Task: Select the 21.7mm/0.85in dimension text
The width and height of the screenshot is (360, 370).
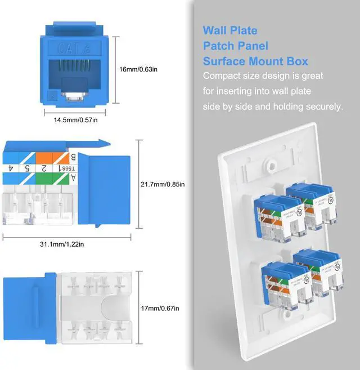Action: click(x=163, y=184)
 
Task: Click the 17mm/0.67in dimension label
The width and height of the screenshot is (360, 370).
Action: click(x=160, y=307)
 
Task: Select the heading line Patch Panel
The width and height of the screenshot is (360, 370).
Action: click(x=235, y=46)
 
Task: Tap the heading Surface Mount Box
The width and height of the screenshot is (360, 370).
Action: click(x=255, y=61)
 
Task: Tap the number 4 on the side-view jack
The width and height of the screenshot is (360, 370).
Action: click(x=11, y=168)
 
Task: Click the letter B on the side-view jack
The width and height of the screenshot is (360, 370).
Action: click(x=72, y=157)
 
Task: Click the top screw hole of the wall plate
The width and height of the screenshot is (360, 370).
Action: click(x=271, y=167)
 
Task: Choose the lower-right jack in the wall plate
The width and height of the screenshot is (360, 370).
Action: click(x=317, y=273)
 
